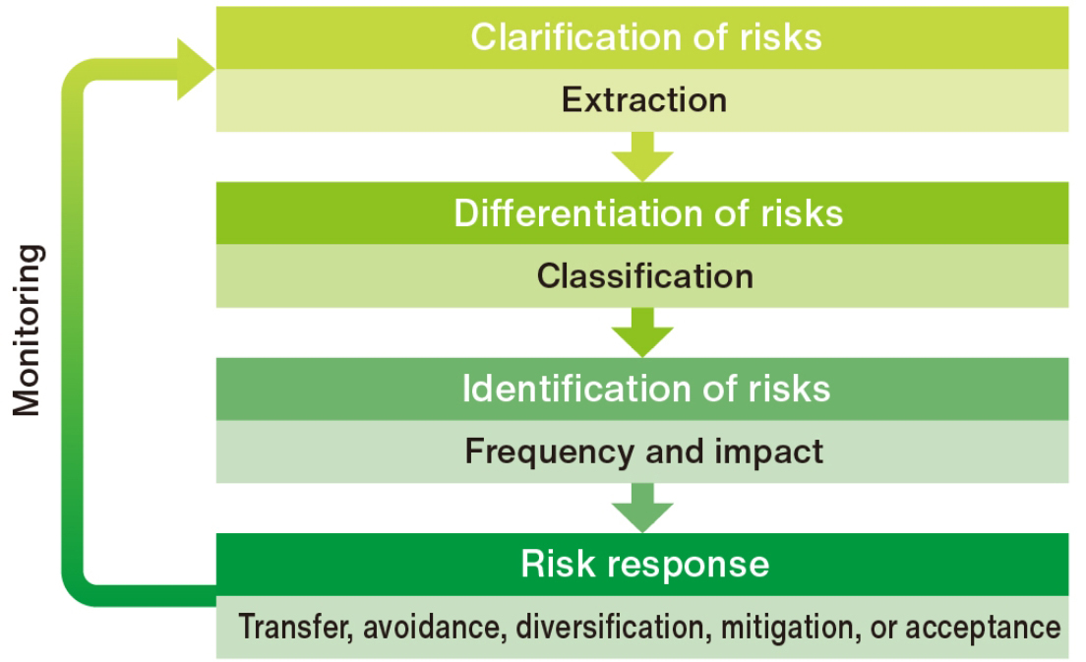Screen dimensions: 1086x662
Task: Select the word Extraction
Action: coord(644,99)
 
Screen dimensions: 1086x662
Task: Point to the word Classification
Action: coord(645,275)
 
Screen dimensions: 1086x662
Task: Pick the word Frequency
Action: coord(549,452)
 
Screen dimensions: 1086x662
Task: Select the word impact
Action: coord(769,452)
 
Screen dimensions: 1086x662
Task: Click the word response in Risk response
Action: coord(689,565)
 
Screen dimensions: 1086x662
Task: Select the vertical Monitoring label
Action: coord(28,331)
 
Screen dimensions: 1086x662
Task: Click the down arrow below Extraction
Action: coord(642,156)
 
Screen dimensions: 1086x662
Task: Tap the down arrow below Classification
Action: coord(642,332)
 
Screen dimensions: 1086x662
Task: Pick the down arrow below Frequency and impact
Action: coord(642,508)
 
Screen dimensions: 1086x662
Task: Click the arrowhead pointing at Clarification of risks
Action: coord(196,69)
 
